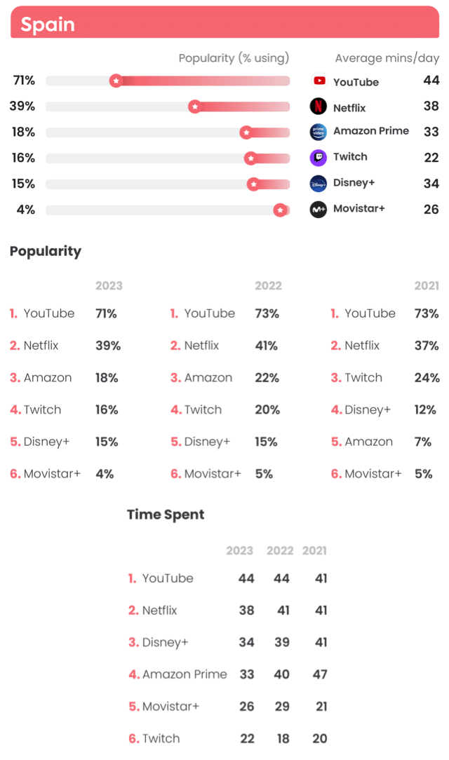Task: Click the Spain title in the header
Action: (47, 25)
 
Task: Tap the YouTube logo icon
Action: (319, 81)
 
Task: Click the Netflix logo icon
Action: (319, 107)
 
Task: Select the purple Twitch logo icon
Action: (319, 158)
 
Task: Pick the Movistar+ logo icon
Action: (319, 209)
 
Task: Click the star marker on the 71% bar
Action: (116, 81)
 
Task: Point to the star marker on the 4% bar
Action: (281, 210)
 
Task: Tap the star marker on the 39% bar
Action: (195, 107)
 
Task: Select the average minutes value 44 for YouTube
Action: (431, 81)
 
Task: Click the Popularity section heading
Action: (46, 252)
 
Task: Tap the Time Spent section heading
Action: (166, 514)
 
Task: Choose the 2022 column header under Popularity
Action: (268, 285)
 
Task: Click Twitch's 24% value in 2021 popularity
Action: (427, 377)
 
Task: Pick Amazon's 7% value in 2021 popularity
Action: (423, 442)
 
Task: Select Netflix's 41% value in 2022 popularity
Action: (266, 345)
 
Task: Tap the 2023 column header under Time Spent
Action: (239, 550)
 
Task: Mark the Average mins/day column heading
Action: (387, 58)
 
